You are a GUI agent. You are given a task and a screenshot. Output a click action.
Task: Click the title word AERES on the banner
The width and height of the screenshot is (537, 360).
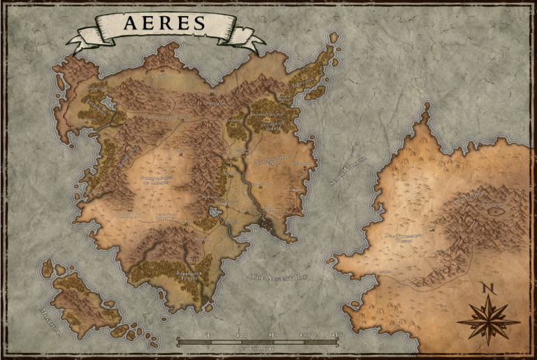165,23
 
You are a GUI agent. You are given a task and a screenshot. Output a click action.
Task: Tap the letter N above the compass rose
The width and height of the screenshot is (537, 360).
488,288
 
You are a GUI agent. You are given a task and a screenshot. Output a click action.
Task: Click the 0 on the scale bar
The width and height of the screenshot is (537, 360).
178,336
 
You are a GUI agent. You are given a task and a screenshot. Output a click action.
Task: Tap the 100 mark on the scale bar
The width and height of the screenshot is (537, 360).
242,336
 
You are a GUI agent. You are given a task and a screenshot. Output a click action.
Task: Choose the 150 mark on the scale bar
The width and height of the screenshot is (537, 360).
274,336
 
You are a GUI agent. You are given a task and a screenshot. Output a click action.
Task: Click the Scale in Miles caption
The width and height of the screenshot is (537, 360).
258,348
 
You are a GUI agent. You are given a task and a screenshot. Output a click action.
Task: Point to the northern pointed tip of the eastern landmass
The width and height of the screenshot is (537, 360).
424,106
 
